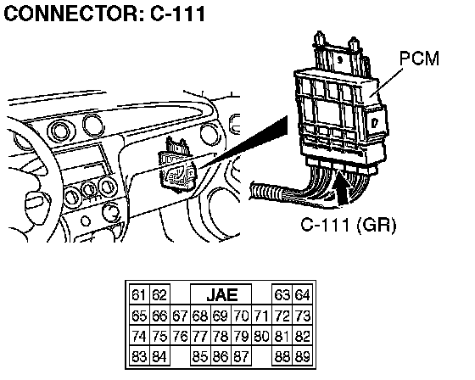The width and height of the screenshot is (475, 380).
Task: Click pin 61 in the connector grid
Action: point(139,294)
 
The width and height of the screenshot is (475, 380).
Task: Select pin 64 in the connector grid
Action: point(302,294)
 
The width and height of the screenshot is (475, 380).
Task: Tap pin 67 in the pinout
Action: point(180,316)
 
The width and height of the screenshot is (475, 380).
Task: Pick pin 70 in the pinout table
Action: point(242,316)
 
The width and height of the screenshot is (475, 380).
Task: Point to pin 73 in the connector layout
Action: point(302,316)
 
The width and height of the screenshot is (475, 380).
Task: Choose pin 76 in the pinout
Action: point(180,336)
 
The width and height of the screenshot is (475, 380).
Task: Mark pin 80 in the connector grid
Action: point(262,336)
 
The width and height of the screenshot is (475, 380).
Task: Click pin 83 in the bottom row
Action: point(139,356)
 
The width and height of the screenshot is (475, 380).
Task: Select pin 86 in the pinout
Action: point(221,356)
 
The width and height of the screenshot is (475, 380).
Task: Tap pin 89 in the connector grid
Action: point(302,356)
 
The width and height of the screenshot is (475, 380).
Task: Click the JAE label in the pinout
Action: point(222,295)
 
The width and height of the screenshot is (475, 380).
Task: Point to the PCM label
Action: point(420,58)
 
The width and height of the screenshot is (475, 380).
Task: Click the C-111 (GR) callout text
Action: point(349,225)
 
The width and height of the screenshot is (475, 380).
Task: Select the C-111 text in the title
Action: point(178,14)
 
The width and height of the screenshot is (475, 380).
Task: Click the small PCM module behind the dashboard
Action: point(178,166)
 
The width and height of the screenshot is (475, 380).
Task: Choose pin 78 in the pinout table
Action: point(221,336)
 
